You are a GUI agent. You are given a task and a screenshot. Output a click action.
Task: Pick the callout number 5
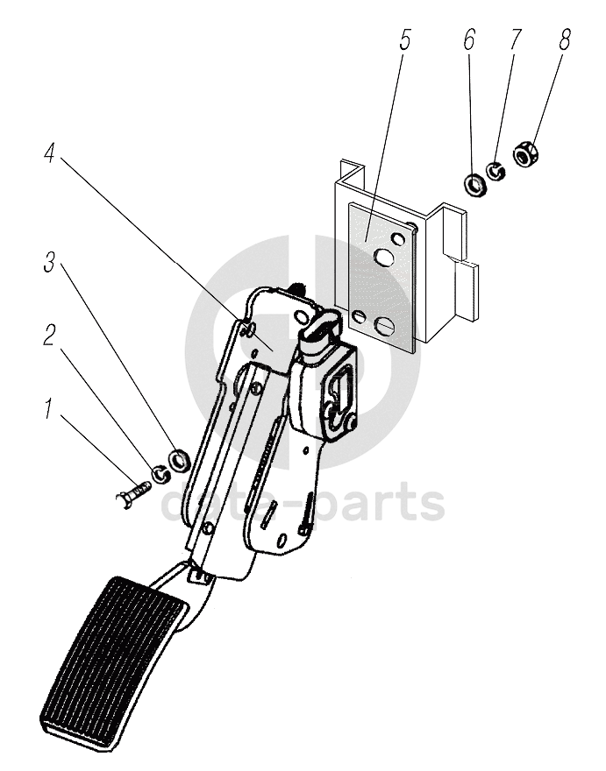[x=404, y=41]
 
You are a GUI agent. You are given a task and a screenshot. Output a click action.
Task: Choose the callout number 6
[x=469, y=41]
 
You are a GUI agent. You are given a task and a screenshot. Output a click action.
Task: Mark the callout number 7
[x=516, y=41]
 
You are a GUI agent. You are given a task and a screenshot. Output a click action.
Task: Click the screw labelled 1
[x=133, y=496]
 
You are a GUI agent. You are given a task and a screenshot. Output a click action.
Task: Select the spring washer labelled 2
[x=160, y=475]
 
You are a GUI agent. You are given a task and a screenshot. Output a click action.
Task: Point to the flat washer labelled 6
[x=474, y=184]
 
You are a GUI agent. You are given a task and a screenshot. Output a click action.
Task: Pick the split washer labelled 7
[x=497, y=172]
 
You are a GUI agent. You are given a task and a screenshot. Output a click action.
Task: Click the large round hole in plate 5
[x=382, y=258]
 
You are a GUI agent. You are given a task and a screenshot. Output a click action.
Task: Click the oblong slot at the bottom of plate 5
[x=387, y=325]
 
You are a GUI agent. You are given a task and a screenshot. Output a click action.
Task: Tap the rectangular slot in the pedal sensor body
[x=339, y=384]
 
